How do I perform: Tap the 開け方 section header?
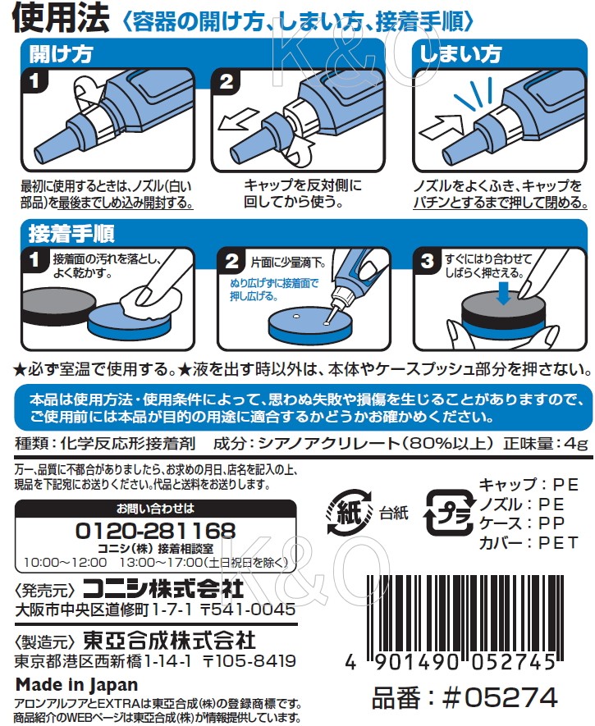pos(61,55)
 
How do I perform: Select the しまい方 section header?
pos(460,54)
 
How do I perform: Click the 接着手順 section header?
pos(71,233)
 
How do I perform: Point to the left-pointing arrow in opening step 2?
pos(237,119)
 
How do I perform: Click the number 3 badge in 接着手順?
pos(426,261)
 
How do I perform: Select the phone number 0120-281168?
pos(156,531)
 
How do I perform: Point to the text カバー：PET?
pos(529,542)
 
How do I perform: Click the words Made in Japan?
pos(77,685)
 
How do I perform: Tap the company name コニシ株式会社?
pos(163,589)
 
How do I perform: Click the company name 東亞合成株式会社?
pos(169,641)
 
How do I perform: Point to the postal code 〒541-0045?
pos(248,610)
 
